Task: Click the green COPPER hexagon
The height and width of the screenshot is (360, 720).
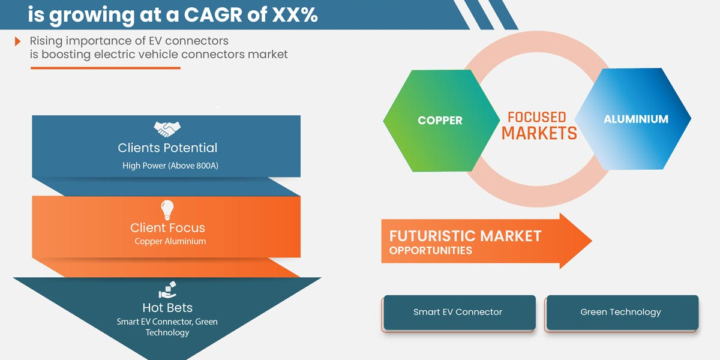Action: point(440,121)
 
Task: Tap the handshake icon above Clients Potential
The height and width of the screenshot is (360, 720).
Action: point(167,128)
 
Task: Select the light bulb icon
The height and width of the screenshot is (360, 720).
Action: point(167,210)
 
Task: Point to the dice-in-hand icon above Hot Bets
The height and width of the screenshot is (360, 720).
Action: point(167,290)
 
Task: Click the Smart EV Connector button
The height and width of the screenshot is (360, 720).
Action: point(458,312)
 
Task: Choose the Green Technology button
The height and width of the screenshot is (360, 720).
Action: point(621,312)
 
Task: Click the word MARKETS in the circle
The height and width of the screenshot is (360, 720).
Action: point(539,133)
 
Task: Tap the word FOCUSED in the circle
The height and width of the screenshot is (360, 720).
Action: point(536,116)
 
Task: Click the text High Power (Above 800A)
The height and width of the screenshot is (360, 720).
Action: point(170,166)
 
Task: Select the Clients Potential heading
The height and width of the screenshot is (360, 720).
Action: point(167,148)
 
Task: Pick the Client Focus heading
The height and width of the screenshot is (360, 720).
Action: point(167,228)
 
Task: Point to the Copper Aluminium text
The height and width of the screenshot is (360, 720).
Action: point(170,241)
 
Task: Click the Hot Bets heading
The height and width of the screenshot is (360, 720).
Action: point(167,308)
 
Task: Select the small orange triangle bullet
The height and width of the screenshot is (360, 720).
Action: point(19,41)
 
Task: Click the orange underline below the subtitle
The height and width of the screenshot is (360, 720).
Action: point(105,68)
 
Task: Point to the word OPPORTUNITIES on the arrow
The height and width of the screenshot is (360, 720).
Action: point(431,250)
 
